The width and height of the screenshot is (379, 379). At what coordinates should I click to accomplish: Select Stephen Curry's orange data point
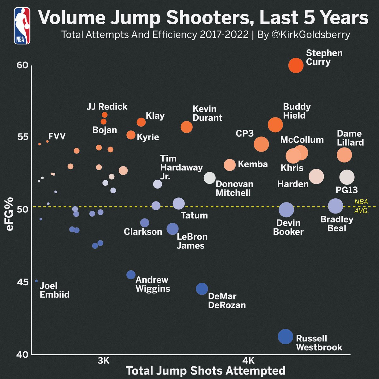pyautogui.click(x=296, y=65)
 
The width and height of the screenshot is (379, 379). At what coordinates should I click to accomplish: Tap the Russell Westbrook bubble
pyautogui.click(x=286, y=337)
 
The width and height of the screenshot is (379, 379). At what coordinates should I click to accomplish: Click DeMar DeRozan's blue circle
pyautogui.click(x=202, y=289)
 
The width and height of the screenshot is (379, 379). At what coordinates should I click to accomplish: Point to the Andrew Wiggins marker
pyautogui.click(x=131, y=275)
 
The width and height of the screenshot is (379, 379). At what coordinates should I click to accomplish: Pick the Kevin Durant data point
pyautogui.click(x=187, y=127)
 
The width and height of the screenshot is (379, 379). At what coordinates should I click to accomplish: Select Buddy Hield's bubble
pyautogui.click(x=275, y=124)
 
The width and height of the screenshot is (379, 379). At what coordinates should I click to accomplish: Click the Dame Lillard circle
pyautogui.click(x=344, y=155)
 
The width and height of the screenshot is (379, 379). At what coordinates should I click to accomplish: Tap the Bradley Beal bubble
pyautogui.click(x=335, y=206)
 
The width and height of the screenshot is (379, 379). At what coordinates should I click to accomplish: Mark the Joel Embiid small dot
pyautogui.click(x=36, y=281)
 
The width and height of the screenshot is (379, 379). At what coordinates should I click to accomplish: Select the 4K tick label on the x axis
pyautogui.click(x=249, y=360)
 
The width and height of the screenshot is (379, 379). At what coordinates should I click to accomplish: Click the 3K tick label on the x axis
pyautogui.click(x=103, y=360)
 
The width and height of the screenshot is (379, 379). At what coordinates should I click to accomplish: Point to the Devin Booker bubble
pyautogui.click(x=286, y=210)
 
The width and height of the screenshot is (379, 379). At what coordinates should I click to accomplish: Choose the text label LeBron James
pyautogui.click(x=192, y=241)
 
